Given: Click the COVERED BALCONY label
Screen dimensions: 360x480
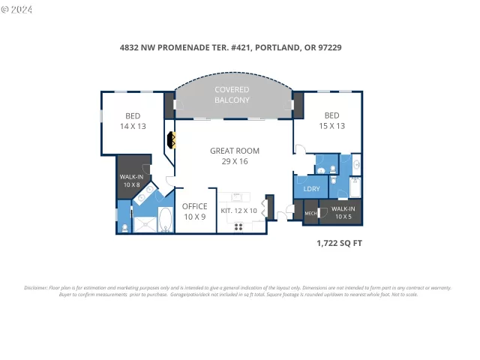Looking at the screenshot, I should click(x=232, y=94).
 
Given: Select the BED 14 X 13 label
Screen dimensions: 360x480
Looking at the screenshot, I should click(x=132, y=121).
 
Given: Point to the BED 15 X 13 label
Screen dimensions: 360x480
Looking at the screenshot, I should click(x=331, y=120).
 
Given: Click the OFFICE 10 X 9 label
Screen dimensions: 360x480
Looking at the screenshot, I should click(x=194, y=211).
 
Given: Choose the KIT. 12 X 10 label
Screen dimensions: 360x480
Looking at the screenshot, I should click(x=238, y=211).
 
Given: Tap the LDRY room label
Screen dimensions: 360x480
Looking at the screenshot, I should click(x=311, y=189).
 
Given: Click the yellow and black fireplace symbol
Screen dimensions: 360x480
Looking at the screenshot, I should click(x=171, y=139).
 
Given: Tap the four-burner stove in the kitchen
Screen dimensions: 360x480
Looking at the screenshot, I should click(x=239, y=226).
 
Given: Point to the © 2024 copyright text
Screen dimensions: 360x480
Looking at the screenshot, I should click(x=19, y=9).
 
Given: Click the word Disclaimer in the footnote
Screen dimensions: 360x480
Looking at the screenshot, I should click(x=37, y=288).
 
